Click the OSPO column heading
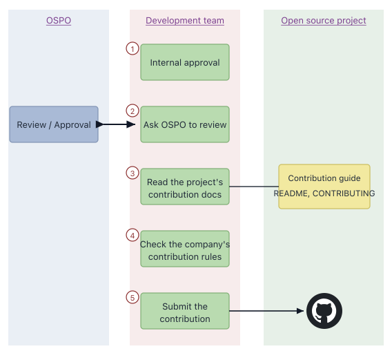[59, 21]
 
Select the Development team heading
[185, 21]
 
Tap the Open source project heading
[324, 21]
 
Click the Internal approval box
[185, 62]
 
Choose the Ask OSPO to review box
[185, 124]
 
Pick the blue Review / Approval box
[54, 124]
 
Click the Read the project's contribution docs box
[185, 187]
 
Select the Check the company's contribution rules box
[185, 249]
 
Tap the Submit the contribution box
[185, 311]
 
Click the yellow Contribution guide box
[324, 187]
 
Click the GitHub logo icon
[324, 311]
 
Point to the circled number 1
[133, 48]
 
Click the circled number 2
[133, 111]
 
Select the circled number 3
[133, 173]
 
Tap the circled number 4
[133, 235]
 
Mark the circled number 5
[133, 297]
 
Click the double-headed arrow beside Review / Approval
[115, 124]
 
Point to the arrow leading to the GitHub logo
[266, 311]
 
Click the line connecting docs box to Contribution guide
[254, 187]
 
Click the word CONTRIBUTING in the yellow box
[344, 193]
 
